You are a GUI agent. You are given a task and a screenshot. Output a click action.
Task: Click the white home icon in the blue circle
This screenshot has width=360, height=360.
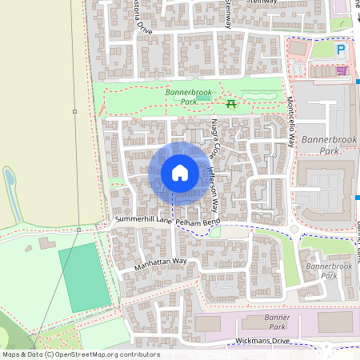tap(179, 173)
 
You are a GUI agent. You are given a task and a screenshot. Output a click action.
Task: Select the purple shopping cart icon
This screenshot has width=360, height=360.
tap(342, 71)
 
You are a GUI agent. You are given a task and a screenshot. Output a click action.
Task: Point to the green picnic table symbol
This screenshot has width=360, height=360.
tap(231, 102)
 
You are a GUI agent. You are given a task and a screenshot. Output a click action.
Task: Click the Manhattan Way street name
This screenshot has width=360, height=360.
tap(160, 262)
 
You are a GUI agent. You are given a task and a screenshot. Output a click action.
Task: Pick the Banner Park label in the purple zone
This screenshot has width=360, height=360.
tap(276, 322)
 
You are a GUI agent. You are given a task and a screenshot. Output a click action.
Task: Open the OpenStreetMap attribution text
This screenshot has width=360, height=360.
tap(80, 354)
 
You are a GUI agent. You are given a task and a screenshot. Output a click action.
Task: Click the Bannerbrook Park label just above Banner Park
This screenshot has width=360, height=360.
tap(329, 271)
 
